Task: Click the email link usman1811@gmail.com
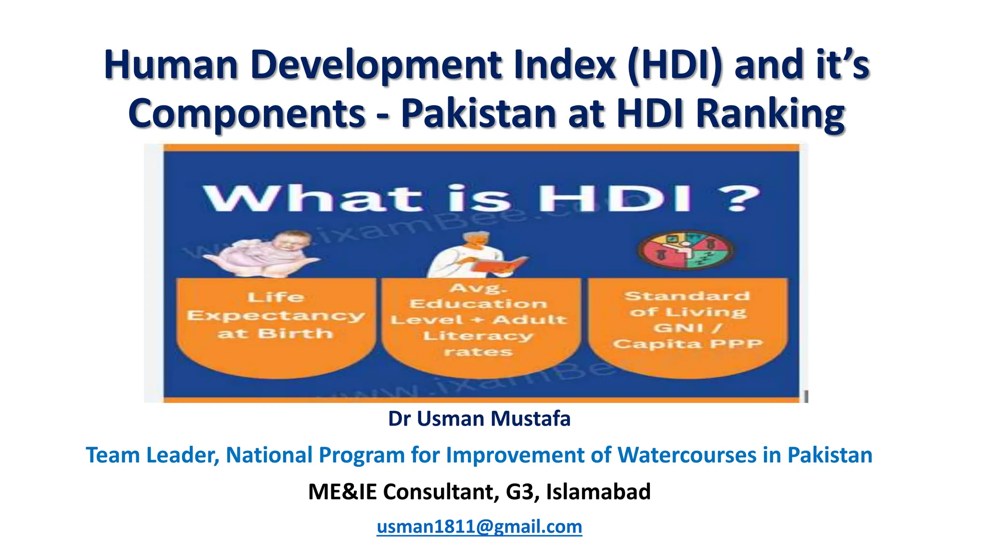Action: click(x=479, y=527)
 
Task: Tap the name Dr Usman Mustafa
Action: click(x=479, y=419)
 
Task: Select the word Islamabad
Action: click(x=598, y=491)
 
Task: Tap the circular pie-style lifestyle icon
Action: click(x=686, y=250)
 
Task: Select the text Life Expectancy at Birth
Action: click(x=275, y=315)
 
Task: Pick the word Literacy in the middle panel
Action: click(x=478, y=336)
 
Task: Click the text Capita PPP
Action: click(x=688, y=344)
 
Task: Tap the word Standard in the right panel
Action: click(x=687, y=296)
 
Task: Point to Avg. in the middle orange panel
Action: click(x=478, y=288)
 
